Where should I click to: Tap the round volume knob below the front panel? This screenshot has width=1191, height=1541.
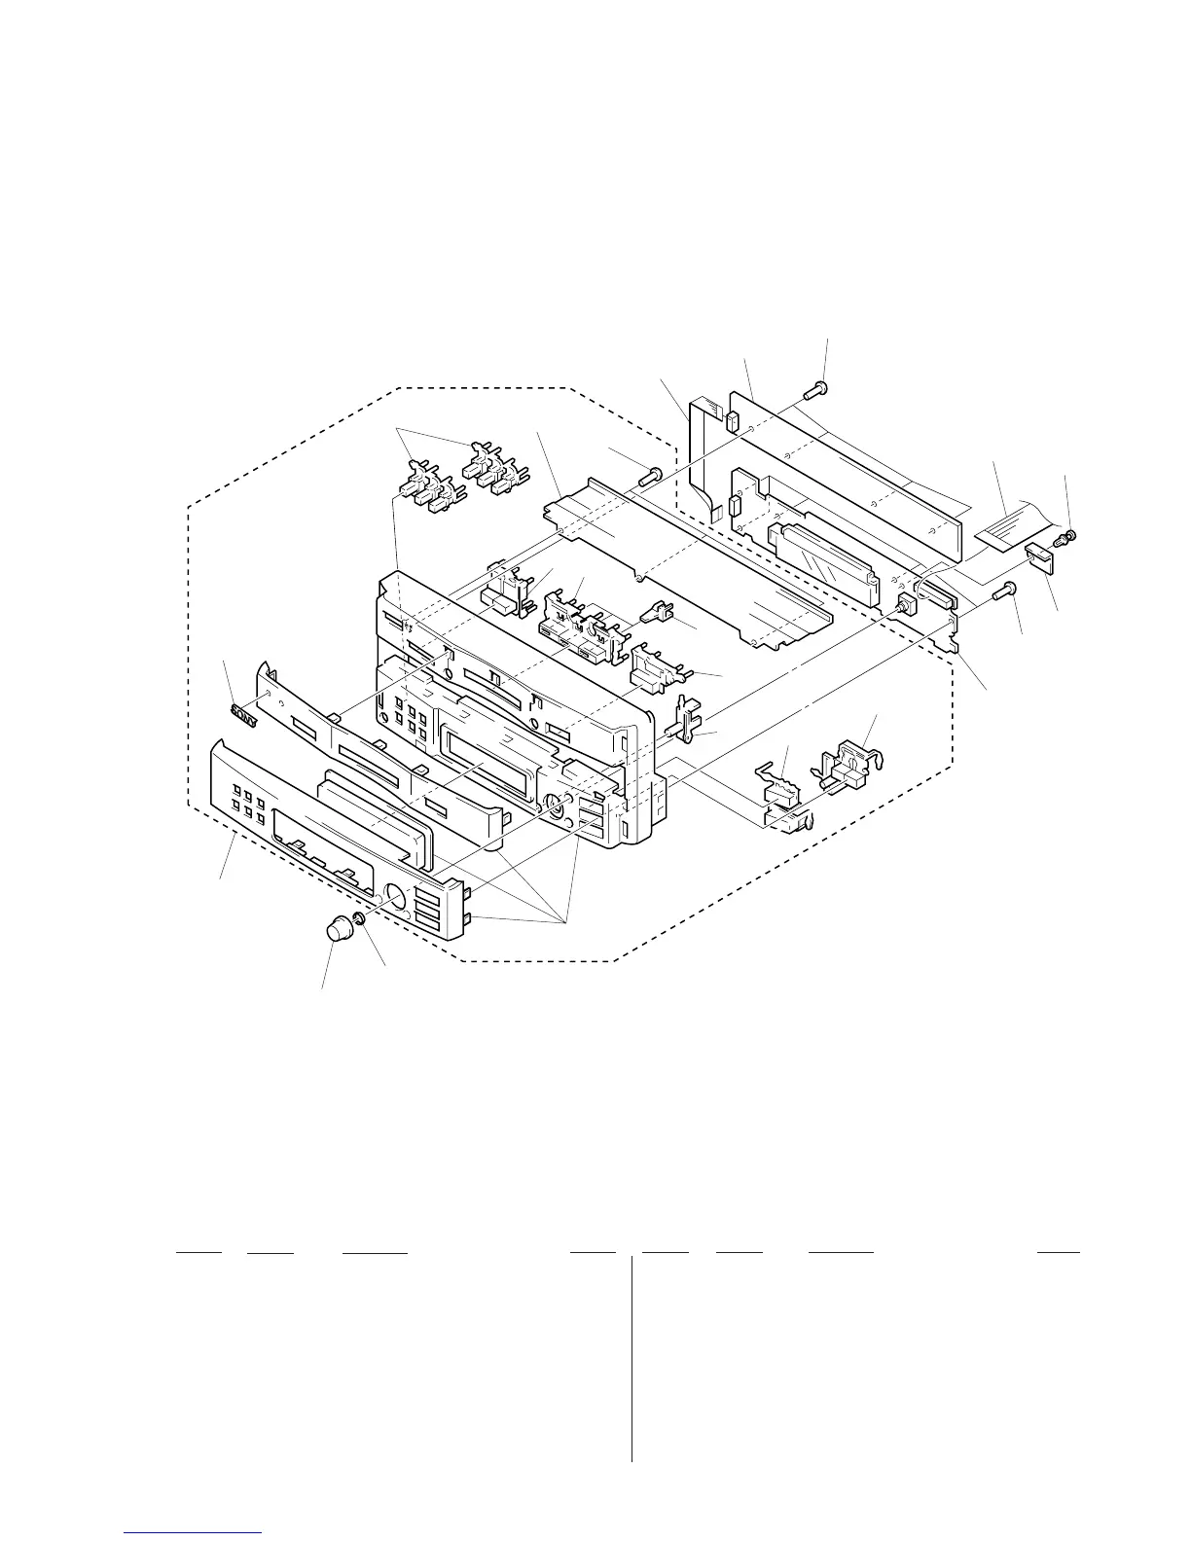click(338, 928)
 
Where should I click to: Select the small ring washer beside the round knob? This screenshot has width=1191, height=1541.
click(360, 919)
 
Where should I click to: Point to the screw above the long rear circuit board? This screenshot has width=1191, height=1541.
click(815, 391)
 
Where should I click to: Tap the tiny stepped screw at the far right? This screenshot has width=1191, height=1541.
click(1066, 536)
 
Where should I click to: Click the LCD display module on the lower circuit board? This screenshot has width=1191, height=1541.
click(822, 551)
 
